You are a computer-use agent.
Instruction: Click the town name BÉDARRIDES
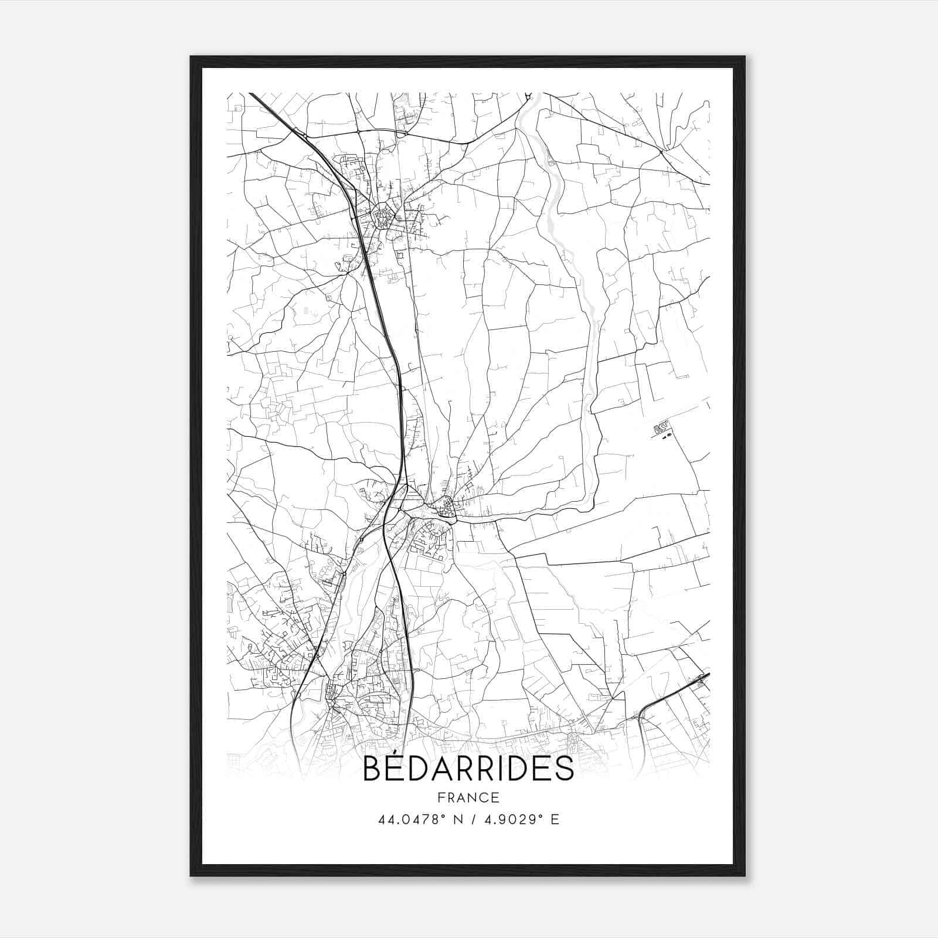point(468,769)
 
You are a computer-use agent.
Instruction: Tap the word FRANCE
point(468,797)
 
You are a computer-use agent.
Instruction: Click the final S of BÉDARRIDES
point(565,769)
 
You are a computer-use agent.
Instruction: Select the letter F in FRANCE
point(441,797)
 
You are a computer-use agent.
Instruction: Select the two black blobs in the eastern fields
point(663,434)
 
